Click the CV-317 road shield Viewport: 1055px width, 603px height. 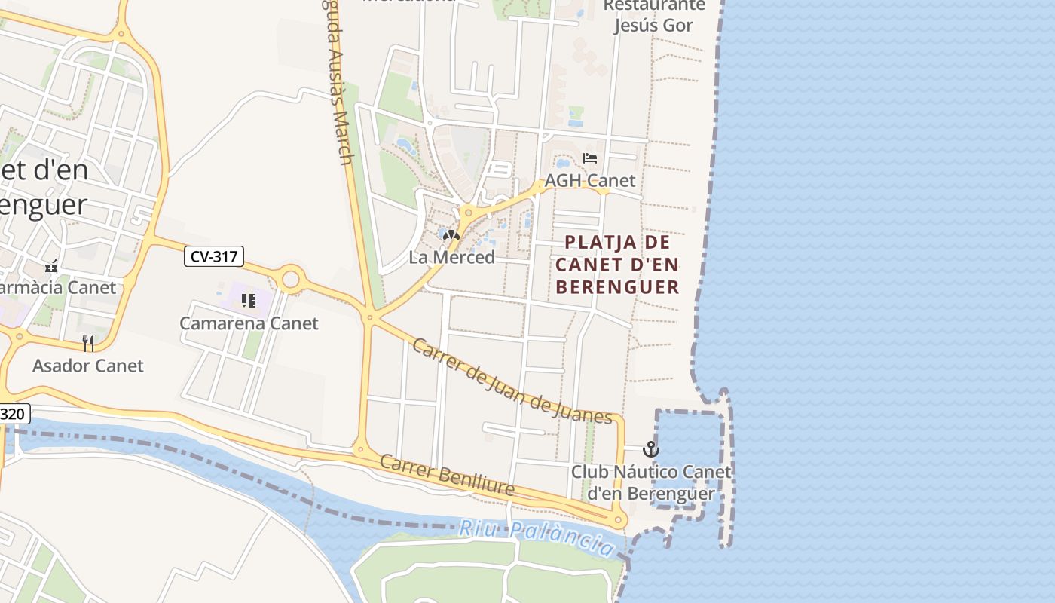pos(214,256)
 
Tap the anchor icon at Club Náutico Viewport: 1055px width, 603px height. pos(650,450)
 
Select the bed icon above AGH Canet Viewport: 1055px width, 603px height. pos(590,158)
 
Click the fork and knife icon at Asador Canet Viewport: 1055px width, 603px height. pos(88,344)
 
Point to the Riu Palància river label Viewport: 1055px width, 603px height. pos(537,536)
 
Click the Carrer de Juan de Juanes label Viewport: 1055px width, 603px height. pos(512,382)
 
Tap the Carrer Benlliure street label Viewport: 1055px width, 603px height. pos(447,475)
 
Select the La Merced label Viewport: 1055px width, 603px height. pos(451,257)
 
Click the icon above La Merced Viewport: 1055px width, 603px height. pos(451,235)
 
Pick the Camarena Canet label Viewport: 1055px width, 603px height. pos(249,323)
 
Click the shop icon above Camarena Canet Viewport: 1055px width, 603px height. pos(249,301)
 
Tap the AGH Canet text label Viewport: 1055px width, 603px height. pos(590,181)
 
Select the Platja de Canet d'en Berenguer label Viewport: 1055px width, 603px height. pos(618,265)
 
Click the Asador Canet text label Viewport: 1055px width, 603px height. pos(87,366)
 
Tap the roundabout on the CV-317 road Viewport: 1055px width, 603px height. pos(290,280)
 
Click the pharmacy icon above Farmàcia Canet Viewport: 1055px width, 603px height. pos(51,266)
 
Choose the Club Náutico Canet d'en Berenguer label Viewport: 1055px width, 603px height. pos(651,482)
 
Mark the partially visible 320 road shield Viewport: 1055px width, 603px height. pos(14,413)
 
